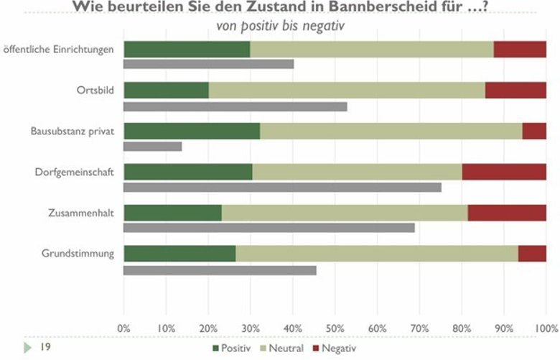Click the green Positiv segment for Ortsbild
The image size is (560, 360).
coord(166,91)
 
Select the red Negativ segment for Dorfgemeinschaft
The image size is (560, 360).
coord(504,172)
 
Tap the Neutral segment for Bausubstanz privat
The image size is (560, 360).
coord(391,131)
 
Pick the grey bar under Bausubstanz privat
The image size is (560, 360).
coord(153,147)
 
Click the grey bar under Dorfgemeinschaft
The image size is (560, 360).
coord(282,188)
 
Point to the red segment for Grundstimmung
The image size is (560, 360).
coord(532,254)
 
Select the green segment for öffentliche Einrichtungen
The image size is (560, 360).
coord(187,50)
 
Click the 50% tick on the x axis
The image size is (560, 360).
coord(335,327)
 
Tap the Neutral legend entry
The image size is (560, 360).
coord(285,349)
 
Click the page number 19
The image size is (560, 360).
coord(45,347)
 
